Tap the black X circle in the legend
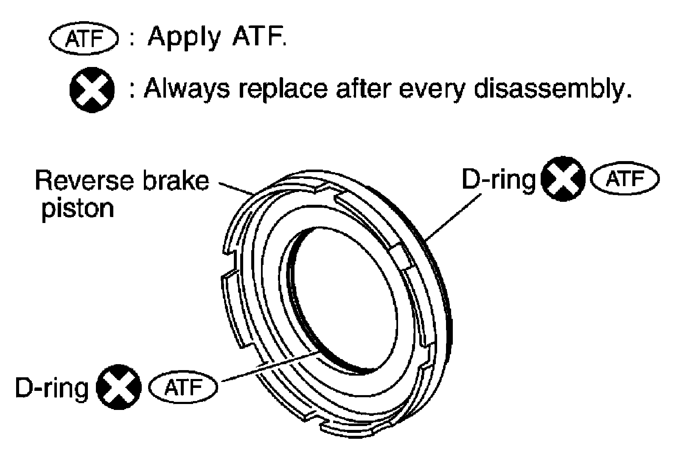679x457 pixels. point(92,91)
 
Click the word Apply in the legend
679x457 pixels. point(184,38)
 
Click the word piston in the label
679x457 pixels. point(78,209)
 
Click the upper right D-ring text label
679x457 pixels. point(498,180)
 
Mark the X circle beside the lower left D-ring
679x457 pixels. point(119,387)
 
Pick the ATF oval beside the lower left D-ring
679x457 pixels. point(183,387)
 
